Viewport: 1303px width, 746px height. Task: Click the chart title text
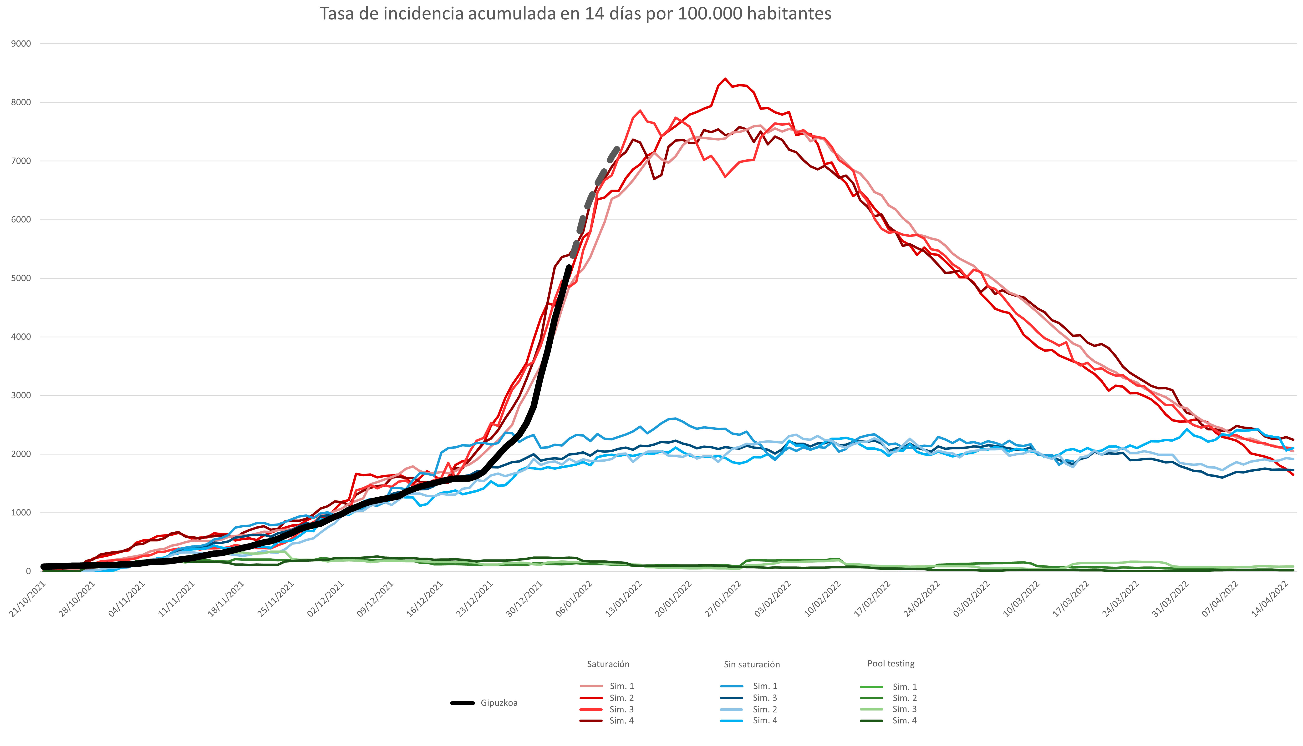[x=575, y=14]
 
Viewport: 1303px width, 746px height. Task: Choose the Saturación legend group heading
[x=608, y=664]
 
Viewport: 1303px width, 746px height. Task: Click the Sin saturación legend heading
[x=751, y=665]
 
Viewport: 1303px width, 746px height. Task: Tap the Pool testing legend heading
[x=890, y=664]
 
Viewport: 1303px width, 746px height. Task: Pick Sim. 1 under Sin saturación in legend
[x=765, y=686]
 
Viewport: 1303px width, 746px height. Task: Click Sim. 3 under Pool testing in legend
[x=904, y=709]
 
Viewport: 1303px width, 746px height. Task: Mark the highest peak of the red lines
[x=725, y=79]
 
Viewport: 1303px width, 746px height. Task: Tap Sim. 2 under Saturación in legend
[x=621, y=698]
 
